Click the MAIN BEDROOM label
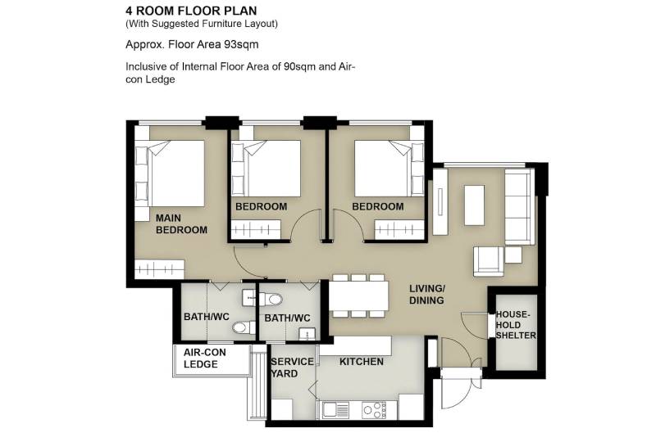[181, 223]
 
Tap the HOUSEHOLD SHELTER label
[516, 325]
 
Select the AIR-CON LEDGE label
[204, 359]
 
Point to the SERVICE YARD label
[292, 368]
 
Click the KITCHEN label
[362, 362]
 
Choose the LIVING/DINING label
[426, 294]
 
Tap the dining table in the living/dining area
[358, 295]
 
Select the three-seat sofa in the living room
[519, 206]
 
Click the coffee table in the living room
[474, 205]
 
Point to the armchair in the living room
[488, 261]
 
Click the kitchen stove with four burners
[375, 409]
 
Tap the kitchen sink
[335, 409]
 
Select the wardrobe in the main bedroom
[159, 269]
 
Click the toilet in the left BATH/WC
[244, 327]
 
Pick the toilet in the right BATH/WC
[271, 299]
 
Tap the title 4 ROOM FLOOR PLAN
[191, 11]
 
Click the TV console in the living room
[440, 201]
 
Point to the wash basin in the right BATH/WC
[307, 334]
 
